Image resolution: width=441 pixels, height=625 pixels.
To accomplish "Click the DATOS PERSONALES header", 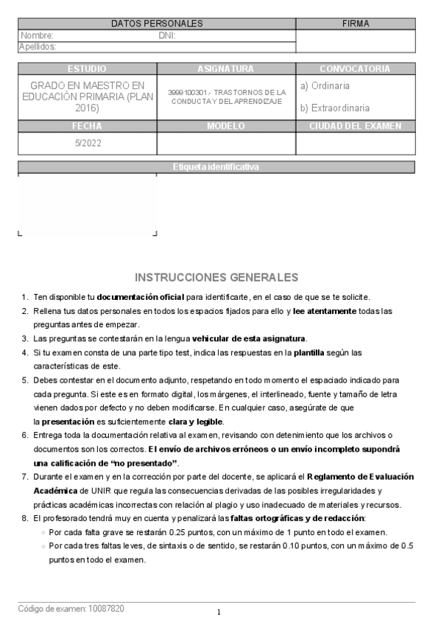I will pyautogui.click(x=157, y=24).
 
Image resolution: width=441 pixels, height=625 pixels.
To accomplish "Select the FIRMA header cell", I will pyautogui.click(x=356, y=24).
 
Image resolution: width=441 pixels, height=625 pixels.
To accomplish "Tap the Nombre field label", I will pyautogui.click(x=38, y=35).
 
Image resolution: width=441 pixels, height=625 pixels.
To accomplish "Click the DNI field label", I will pyautogui.click(x=167, y=35).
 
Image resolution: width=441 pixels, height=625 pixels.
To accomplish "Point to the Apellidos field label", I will pyautogui.click(x=38, y=46).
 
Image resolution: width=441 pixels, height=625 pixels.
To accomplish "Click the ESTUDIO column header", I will pyautogui.click(x=87, y=69).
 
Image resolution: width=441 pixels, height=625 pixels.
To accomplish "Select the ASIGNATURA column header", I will pyautogui.click(x=226, y=69).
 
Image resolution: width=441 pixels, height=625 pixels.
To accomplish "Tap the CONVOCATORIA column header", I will pyautogui.click(x=355, y=69).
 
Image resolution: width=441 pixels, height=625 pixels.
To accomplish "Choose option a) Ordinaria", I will pyautogui.click(x=325, y=86).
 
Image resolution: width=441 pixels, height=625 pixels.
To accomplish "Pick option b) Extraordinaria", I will pyautogui.click(x=335, y=108).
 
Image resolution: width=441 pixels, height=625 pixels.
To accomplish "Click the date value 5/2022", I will pyautogui.click(x=87, y=143).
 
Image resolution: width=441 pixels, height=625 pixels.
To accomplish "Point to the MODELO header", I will pyautogui.click(x=226, y=126).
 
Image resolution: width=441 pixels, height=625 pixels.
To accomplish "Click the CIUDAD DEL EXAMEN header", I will pyautogui.click(x=355, y=126).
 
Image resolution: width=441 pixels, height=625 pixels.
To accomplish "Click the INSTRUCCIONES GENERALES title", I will pyautogui.click(x=216, y=278).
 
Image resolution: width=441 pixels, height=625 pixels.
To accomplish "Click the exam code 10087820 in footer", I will pyautogui.click(x=106, y=609).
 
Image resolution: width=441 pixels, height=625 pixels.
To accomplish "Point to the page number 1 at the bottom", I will pyautogui.click(x=219, y=612).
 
